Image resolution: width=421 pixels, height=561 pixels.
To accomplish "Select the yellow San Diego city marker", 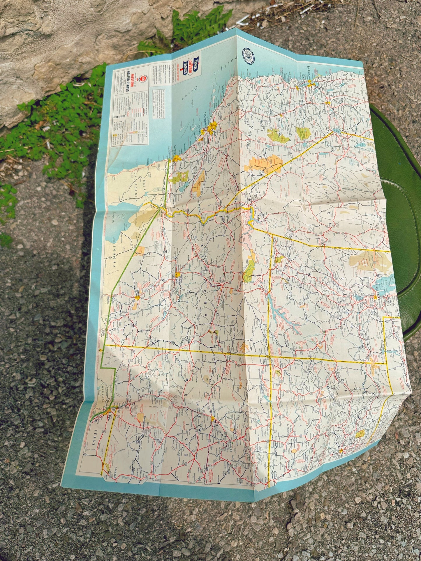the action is (x=176, y=159).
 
